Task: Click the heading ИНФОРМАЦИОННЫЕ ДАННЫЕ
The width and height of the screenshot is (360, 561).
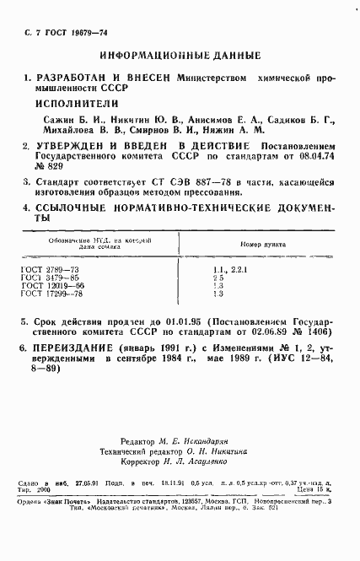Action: (x=180, y=56)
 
